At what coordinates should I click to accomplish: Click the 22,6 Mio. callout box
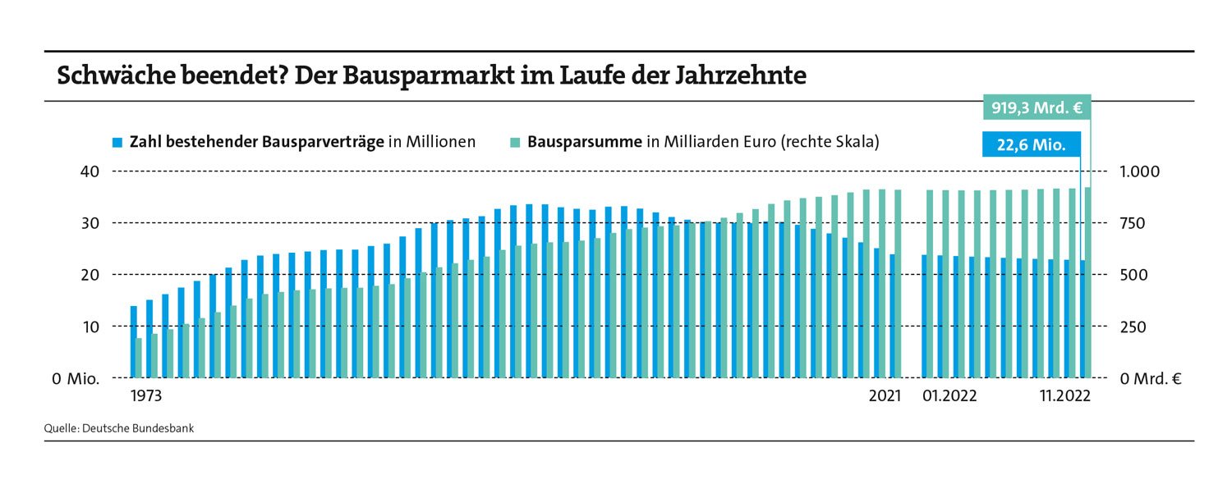tap(1031, 145)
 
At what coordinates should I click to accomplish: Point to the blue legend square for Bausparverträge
tap(117, 143)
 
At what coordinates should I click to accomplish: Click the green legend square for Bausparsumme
tap(514, 143)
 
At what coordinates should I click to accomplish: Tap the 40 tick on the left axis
tap(89, 171)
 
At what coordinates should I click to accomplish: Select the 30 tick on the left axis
tap(89, 223)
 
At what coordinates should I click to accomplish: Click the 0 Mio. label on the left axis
tap(76, 379)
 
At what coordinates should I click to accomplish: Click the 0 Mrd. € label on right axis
tap(1150, 379)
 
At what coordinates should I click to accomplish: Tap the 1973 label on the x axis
tap(146, 396)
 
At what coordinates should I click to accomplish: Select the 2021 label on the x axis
tap(885, 396)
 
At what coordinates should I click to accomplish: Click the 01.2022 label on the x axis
tap(949, 396)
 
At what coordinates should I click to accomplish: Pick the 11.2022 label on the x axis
tap(1064, 396)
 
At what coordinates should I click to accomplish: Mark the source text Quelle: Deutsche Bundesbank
tap(119, 427)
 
